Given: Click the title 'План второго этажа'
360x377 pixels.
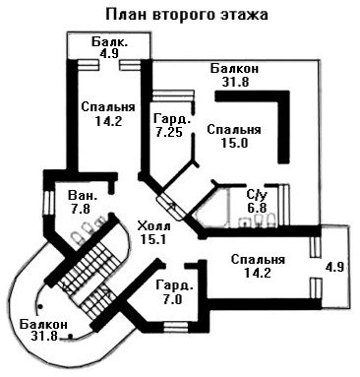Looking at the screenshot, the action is [187, 15].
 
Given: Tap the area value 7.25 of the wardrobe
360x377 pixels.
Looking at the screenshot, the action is [169, 132].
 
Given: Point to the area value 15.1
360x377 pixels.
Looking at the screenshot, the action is [152, 239].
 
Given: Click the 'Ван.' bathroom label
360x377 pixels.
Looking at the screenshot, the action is [83, 196].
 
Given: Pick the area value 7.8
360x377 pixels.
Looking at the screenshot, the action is [81, 208].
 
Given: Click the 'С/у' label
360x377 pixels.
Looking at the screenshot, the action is [257, 195].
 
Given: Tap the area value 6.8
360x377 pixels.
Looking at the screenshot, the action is [257, 208].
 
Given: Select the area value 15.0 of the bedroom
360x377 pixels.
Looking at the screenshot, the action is [234, 143].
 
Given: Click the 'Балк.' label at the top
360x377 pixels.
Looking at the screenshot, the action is [109, 41].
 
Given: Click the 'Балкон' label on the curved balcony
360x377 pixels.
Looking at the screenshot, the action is [43, 324].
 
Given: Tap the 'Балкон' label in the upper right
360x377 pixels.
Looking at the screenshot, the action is [234, 69].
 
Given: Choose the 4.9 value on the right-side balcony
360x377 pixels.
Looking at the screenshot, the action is [334, 267].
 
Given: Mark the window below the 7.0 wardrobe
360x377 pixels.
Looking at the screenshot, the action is [176, 327].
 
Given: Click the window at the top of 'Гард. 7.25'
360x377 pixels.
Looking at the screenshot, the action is [173, 95].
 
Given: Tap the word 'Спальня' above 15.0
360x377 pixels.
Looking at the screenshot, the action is [234, 130].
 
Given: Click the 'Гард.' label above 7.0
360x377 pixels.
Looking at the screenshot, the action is [174, 285].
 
